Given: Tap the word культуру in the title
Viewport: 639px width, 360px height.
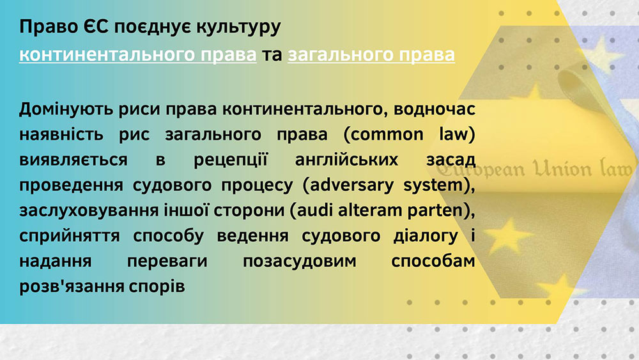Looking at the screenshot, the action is click(238, 27).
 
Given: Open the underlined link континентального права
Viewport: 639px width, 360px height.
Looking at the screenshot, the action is click(138, 54).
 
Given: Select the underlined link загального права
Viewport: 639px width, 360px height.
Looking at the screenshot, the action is click(371, 54).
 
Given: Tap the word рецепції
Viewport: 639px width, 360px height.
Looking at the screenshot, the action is click(230, 160).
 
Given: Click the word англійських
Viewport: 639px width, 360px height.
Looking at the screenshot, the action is click(346, 159).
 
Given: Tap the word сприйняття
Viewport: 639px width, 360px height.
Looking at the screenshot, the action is click(69, 236).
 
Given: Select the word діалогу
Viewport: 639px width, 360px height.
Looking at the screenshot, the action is click(426, 236).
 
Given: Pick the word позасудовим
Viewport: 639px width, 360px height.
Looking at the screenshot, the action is click(300, 262).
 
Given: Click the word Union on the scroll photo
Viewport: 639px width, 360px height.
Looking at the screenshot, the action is click(563, 168).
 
